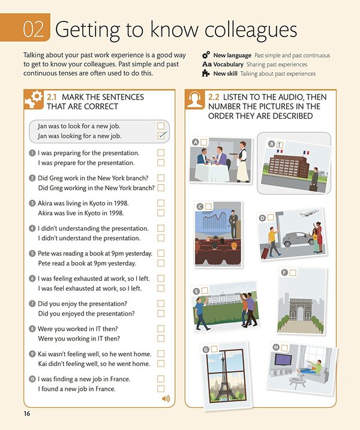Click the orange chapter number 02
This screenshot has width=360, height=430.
[34, 29]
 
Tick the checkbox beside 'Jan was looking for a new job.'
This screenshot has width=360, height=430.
[161, 136]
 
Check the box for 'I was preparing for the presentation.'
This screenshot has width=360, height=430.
[161, 153]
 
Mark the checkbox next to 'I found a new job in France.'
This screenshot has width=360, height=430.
[161, 389]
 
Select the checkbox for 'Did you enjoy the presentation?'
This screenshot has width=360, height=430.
[161, 303]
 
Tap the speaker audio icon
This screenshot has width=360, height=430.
[166, 398]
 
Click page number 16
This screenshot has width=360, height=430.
[27, 414]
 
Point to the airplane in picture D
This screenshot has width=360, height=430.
[309, 213]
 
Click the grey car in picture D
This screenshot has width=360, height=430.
[298, 239]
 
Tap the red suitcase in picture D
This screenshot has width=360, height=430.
[265, 253]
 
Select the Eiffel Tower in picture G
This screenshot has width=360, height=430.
[225, 379]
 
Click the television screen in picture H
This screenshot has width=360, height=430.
[283, 359]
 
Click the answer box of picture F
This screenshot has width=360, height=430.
[293, 273]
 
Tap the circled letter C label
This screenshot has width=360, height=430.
[200, 206]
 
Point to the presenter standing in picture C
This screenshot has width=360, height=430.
[233, 224]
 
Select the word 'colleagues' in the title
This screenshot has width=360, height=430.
[251, 29]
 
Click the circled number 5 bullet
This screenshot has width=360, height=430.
[32, 253]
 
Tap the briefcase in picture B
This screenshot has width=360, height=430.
[313, 188]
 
